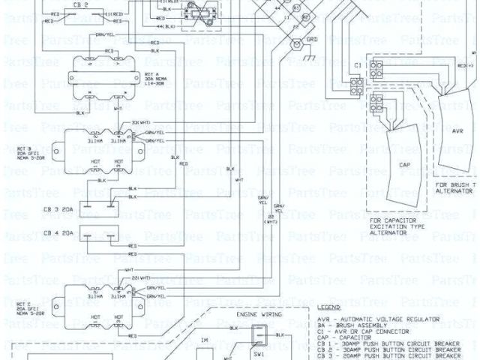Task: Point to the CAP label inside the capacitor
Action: click(x=404, y=164)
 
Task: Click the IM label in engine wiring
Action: click(x=205, y=340)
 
